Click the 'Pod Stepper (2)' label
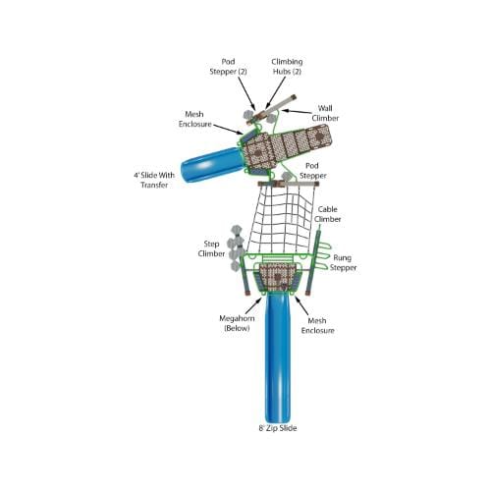click(x=228, y=67)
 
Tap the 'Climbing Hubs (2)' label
click(x=287, y=67)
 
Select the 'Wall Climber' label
click(x=325, y=113)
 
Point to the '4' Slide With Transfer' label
click(x=154, y=180)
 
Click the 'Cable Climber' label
click(x=328, y=214)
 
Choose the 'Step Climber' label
click(x=211, y=248)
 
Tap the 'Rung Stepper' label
click(x=343, y=262)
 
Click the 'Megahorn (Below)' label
click(x=237, y=323)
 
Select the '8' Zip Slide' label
click(x=278, y=428)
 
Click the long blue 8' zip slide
click(x=278, y=356)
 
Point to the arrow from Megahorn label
click(x=253, y=306)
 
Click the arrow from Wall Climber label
click(x=297, y=112)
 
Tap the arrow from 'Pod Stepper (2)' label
click(x=246, y=94)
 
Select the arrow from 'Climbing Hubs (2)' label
click(x=276, y=93)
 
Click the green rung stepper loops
click(x=324, y=256)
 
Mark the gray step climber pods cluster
click(x=236, y=248)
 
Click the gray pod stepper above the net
click(x=287, y=177)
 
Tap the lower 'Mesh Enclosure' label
click(x=317, y=325)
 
